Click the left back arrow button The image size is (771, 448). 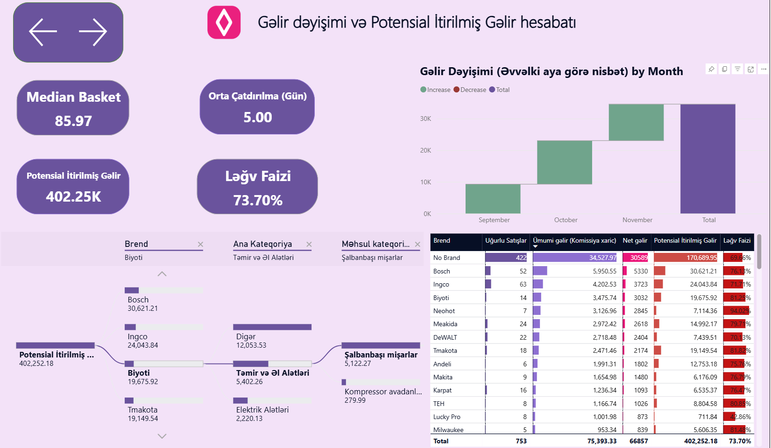click(43, 32)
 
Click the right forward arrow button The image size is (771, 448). click(93, 32)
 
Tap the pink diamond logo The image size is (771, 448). click(224, 22)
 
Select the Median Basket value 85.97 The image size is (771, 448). click(73, 121)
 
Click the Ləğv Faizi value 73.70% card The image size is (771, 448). click(257, 200)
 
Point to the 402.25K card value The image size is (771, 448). click(73, 196)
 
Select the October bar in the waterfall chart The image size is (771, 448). click(565, 162)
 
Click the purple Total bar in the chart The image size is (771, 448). click(707, 159)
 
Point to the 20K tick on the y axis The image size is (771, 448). click(425, 150)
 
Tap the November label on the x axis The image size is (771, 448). click(637, 220)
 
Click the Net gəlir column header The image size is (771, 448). click(635, 241)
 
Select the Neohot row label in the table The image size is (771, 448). click(444, 311)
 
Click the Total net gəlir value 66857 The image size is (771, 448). click(638, 441)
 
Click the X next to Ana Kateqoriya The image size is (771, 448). click(309, 244)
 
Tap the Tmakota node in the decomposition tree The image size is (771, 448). click(142, 410)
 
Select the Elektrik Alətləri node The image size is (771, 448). click(262, 410)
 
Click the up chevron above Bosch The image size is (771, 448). click(162, 274)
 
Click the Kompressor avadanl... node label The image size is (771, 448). click(383, 392)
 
